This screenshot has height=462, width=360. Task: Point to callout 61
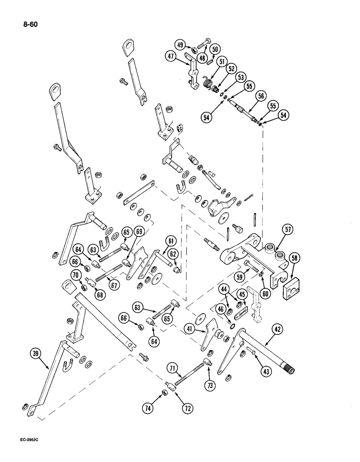click(170, 241)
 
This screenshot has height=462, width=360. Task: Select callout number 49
click(180, 45)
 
